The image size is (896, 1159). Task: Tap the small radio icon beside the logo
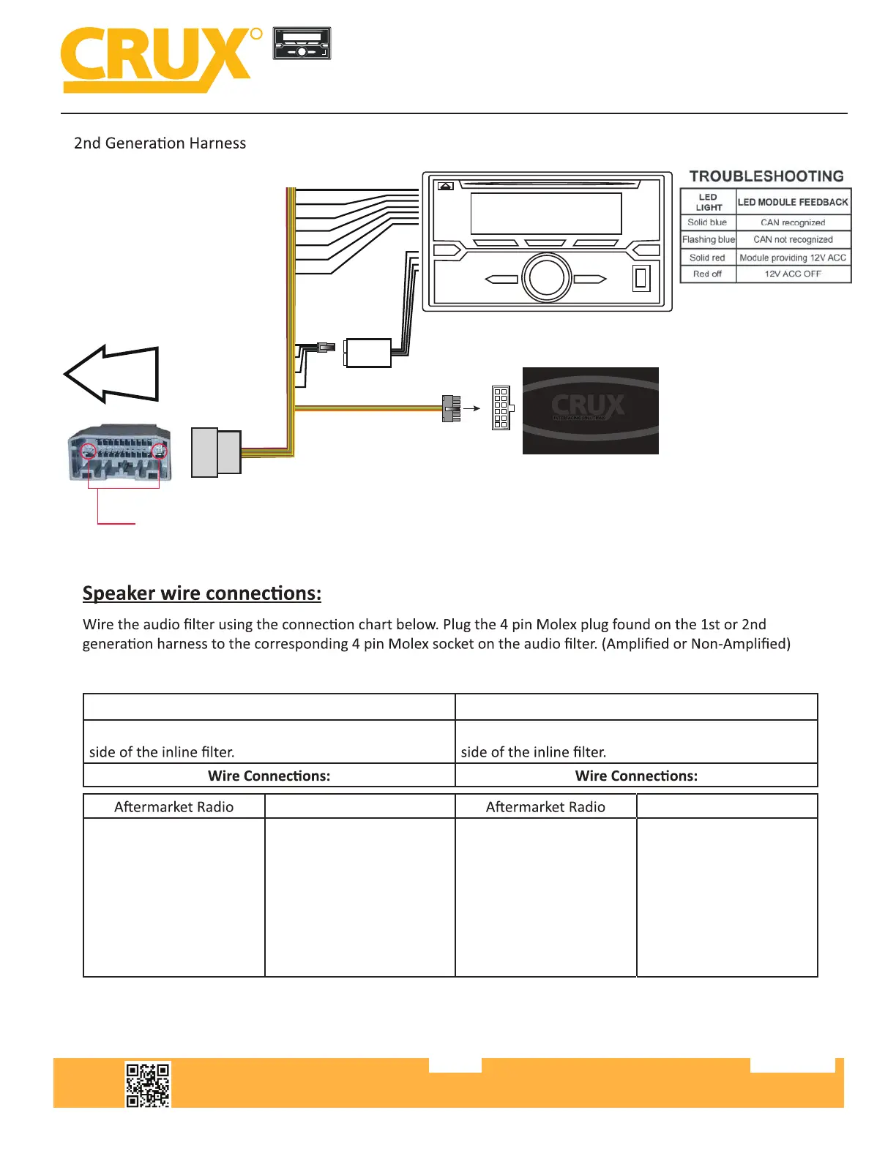point(302,43)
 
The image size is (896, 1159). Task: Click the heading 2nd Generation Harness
point(160,143)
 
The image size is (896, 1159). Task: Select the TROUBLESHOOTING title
point(766,176)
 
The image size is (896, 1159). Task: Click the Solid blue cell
point(707,222)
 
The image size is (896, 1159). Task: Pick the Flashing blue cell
point(708,239)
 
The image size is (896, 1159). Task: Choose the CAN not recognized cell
point(793,239)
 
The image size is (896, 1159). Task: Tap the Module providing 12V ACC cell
point(793,258)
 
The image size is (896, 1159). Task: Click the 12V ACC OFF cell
point(793,274)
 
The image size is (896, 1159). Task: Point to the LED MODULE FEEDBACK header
point(793,202)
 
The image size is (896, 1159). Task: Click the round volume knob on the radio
point(546,278)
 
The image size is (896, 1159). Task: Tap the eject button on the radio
point(445,186)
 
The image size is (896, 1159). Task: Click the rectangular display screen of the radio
point(546,213)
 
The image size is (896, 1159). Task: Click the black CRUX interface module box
point(590,410)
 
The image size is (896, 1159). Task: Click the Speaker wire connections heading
point(201,593)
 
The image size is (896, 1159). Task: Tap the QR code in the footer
point(148,1084)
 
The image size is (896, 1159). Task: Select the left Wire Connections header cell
point(269,776)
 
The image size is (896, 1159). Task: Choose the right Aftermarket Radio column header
point(545,807)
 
